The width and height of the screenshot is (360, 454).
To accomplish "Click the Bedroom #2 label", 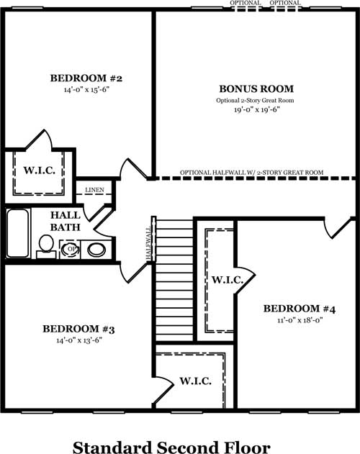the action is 86,78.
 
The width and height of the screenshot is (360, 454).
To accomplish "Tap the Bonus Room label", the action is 256,88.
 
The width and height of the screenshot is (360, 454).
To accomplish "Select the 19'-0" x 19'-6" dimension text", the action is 257,109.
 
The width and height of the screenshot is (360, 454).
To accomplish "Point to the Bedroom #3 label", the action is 78,329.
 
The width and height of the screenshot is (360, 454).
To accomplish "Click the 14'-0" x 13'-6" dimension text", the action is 79,340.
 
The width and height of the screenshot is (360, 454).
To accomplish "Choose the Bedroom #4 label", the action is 300,309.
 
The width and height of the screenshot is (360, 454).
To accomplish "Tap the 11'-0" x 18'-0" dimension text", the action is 300,320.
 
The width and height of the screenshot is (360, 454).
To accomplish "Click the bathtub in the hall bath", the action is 18,233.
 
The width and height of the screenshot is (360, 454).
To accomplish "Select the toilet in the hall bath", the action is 46,246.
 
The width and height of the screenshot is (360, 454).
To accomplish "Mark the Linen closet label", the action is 94,190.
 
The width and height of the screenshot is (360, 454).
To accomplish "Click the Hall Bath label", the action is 66,221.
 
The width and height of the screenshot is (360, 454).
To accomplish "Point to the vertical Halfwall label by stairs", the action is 149,243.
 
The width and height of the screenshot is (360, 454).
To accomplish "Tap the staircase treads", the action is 174,281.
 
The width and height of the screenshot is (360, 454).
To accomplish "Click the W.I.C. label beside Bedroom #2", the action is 39,171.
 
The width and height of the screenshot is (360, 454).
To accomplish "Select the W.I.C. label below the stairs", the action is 195,381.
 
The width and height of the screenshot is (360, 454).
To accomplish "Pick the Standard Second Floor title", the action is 171,447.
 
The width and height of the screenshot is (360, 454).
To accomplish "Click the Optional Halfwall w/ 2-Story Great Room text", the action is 251,173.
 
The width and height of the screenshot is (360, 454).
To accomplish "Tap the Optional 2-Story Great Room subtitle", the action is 255,101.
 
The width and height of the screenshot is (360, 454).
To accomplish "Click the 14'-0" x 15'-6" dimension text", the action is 86,89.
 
